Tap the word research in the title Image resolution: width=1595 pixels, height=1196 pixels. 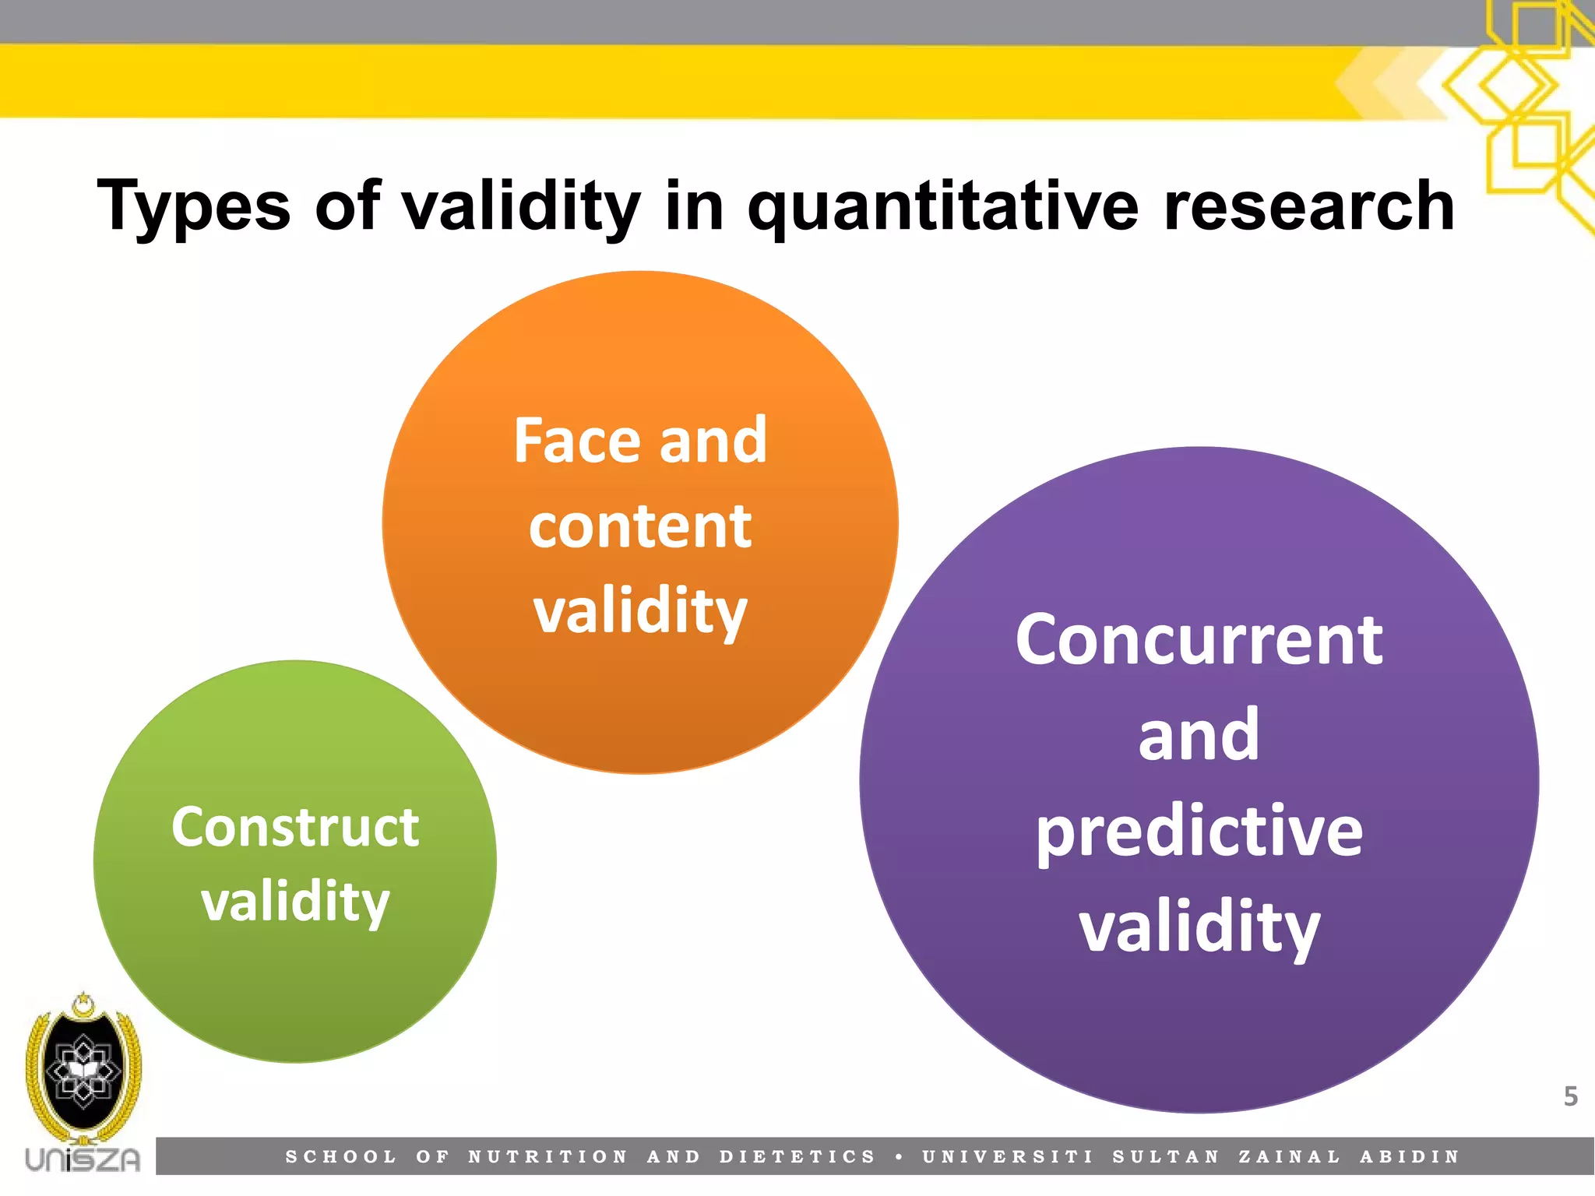tap(1308, 206)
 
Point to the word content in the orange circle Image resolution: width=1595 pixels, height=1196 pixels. tap(640, 526)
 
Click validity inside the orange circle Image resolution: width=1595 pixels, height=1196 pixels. tap(640, 612)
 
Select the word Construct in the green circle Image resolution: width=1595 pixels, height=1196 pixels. tap(295, 827)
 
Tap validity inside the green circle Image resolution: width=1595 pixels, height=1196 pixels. tap(295, 902)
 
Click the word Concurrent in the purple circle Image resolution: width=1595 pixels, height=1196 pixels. tap(1199, 640)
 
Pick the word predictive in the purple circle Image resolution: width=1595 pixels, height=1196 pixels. tap(1199, 832)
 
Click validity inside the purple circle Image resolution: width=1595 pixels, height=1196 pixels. tap(1199, 927)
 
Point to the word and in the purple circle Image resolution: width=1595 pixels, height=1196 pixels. tap(1199, 735)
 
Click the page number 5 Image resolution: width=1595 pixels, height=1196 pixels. tap(1570, 1096)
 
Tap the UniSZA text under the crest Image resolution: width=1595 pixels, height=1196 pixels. tap(83, 1159)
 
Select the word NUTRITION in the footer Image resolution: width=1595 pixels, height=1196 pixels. tap(548, 1157)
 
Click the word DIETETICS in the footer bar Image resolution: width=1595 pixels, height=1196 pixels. tap(798, 1157)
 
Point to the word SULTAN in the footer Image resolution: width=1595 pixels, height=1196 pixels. tap(1165, 1157)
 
